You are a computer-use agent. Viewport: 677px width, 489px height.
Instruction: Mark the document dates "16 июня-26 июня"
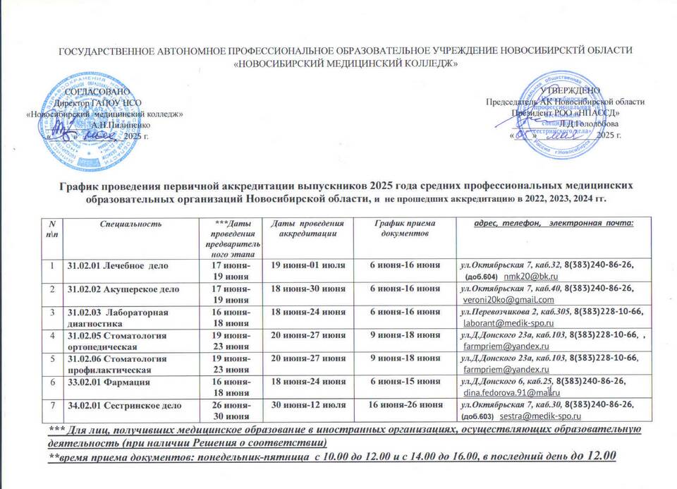point(407,404)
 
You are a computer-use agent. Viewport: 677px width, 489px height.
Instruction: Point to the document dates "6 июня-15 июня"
point(407,382)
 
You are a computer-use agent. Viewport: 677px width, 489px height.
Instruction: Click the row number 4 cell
point(51,335)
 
